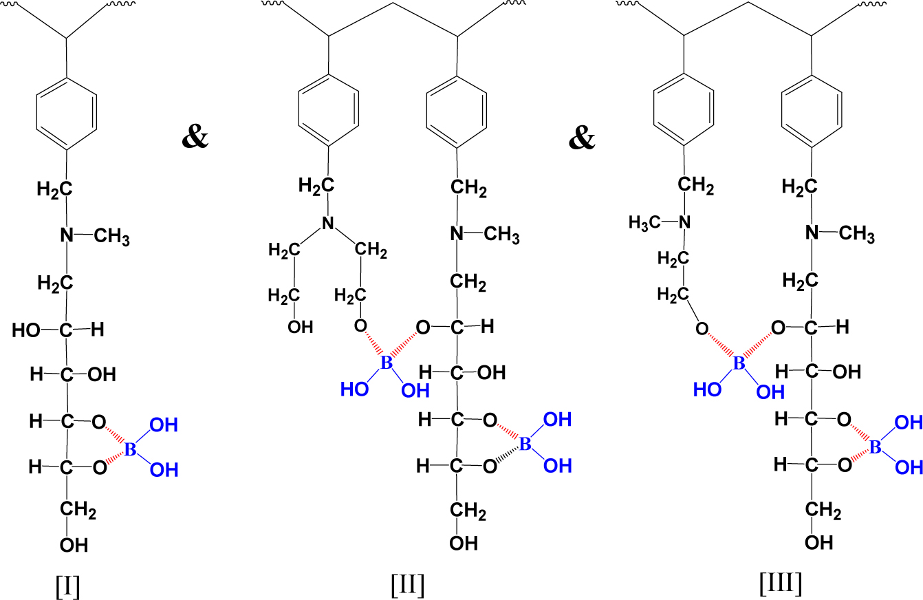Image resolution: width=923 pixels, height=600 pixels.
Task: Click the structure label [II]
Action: [x=406, y=585]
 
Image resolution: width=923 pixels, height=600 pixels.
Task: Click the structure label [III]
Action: [x=780, y=583]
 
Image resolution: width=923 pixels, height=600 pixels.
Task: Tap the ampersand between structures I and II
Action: [x=195, y=138]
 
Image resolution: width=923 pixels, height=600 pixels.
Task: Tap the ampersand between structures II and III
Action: [x=582, y=138]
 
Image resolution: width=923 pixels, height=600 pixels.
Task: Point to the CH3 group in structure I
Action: [x=111, y=237]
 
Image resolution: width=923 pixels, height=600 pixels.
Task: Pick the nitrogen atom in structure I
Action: [x=67, y=235]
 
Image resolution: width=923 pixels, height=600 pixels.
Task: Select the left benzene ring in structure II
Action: [x=329, y=111]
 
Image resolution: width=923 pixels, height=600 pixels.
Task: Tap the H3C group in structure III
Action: [x=644, y=222]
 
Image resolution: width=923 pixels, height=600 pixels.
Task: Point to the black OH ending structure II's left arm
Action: [x=300, y=327]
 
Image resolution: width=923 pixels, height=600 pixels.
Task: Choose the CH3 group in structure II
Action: [x=501, y=235]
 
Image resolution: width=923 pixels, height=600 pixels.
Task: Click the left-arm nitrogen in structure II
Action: [x=328, y=223]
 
